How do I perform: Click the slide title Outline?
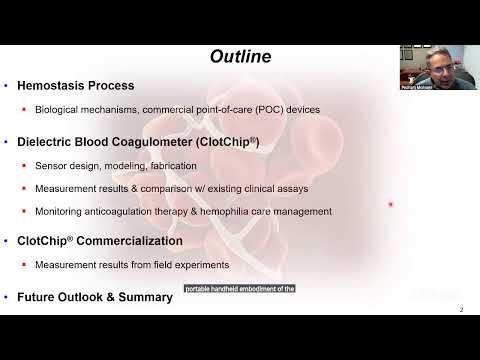pos(240,57)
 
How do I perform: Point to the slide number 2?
pos(460,309)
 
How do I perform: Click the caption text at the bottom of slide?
pos(239,290)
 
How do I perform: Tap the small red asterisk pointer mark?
pos(390,205)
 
